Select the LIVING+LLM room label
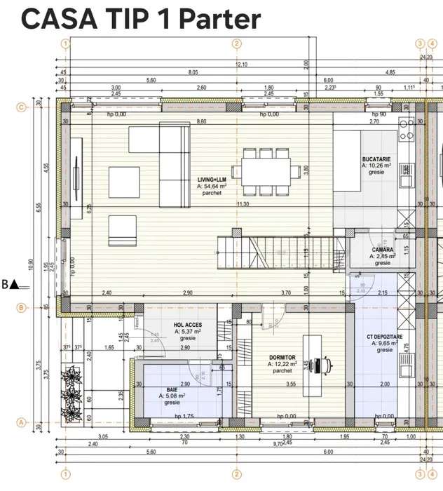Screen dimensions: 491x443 (212, 180)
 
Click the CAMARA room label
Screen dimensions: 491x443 (382, 249)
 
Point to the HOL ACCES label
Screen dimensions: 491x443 (188, 325)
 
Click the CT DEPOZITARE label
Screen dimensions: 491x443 (385, 337)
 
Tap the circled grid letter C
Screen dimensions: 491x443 (22, 107)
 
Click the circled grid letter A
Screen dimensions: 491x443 (22, 422)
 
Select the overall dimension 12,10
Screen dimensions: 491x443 (240, 65)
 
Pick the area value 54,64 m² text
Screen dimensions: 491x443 (212, 187)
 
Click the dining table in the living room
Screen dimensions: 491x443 (266, 170)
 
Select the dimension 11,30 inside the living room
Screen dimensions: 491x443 (243, 204)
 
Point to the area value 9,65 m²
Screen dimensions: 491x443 (385, 344)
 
